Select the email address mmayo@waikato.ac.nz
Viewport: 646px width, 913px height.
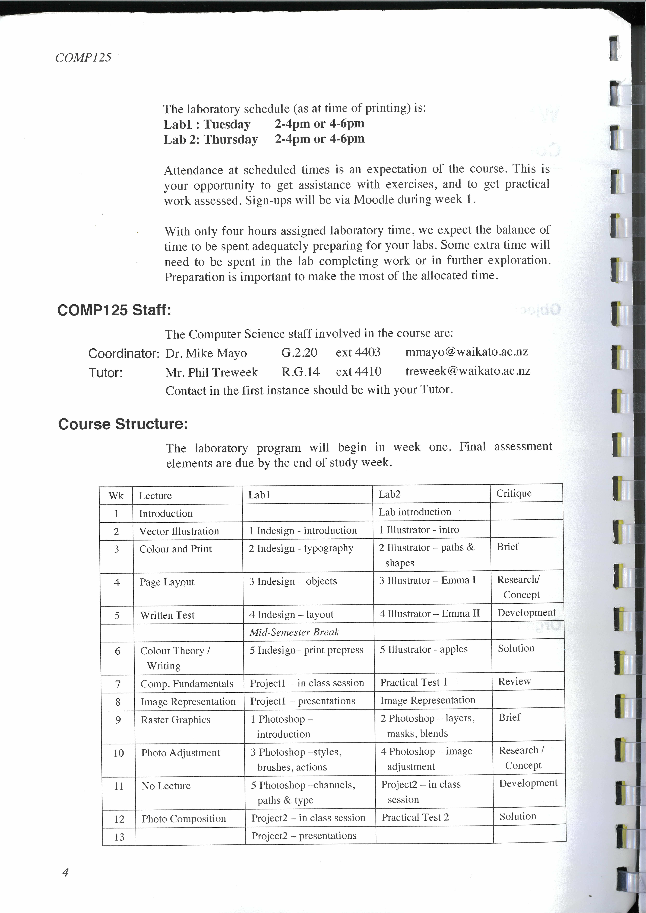coord(467,352)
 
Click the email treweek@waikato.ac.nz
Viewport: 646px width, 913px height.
coord(468,371)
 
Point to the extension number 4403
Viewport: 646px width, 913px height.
coord(358,352)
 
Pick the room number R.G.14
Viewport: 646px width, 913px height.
coord(301,372)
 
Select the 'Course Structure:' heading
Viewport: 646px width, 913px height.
coord(123,424)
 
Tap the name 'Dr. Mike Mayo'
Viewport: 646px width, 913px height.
coord(206,353)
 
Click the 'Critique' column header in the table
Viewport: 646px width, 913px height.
coord(514,493)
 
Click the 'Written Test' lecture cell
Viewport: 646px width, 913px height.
coord(167,615)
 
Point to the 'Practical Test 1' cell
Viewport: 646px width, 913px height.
coord(414,682)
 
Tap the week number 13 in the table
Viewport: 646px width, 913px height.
coord(119,837)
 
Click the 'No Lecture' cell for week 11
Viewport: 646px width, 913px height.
coord(166,786)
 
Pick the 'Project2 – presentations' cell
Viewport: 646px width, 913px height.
coord(304,835)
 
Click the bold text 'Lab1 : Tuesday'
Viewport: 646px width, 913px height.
coord(207,124)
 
